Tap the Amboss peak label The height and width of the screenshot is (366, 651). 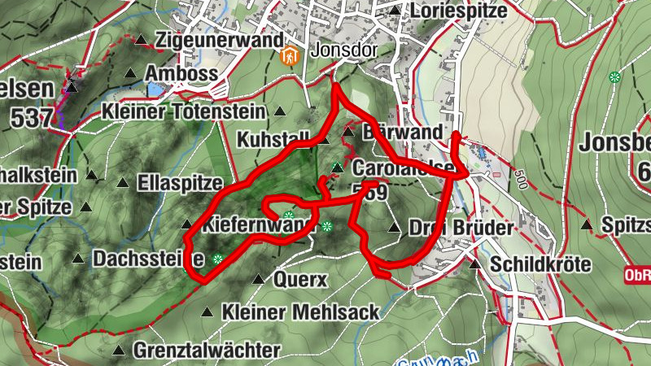coord(181,74)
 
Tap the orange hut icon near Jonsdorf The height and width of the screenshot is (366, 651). coord(287,56)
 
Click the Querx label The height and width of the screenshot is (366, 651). coord(301,280)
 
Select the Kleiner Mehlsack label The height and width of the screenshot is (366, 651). coord(300,312)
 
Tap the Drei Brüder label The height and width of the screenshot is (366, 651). coord(461,229)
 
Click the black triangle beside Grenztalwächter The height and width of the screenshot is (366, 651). coord(120,351)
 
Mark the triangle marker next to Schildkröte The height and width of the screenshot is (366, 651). coord(475,264)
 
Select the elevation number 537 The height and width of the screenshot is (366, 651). coord(33,118)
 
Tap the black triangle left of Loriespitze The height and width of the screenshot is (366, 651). coord(395,11)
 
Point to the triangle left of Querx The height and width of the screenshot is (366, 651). coord(258,280)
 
